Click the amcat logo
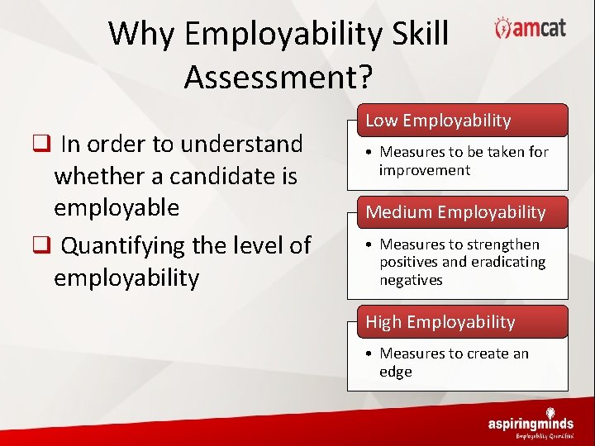[x=530, y=28]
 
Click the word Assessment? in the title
[x=278, y=77]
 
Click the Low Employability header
[x=439, y=121]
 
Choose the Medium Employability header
[x=455, y=212]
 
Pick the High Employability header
[x=440, y=322]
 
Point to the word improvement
[x=425, y=170]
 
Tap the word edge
[x=395, y=372]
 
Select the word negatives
[x=411, y=280]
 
